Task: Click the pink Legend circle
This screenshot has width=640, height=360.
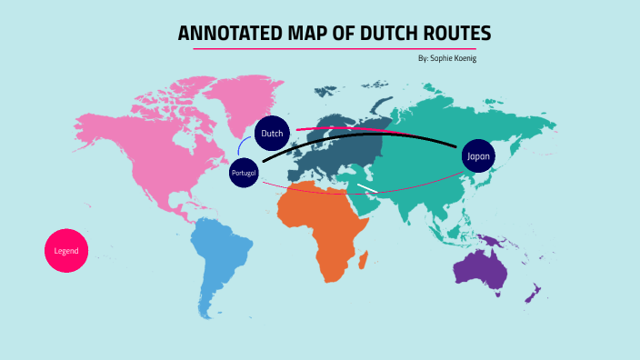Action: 66,250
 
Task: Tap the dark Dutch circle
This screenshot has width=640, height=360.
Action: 272,134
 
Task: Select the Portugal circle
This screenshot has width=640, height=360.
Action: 245,173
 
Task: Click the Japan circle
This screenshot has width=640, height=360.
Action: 478,156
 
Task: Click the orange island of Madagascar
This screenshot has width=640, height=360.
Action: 364,260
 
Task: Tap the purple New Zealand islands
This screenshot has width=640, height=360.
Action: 535,294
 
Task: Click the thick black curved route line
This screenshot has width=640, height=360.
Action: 364,136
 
